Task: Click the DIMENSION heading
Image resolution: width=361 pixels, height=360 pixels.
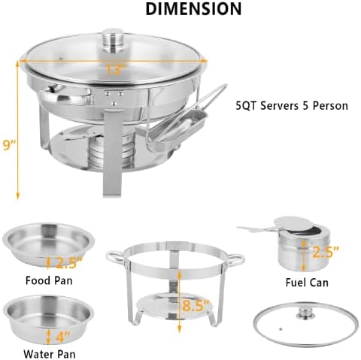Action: [x=193, y=9]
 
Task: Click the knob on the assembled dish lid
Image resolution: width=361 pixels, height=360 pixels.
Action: [x=114, y=37]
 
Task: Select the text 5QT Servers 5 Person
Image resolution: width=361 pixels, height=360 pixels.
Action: [x=292, y=105]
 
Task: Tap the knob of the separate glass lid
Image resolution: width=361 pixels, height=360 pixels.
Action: [x=306, y=311]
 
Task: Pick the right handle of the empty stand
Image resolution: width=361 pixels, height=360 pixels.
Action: [x=238, y=260]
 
